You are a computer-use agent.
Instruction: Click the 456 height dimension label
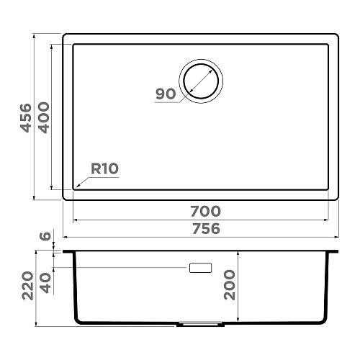tap(26, 118)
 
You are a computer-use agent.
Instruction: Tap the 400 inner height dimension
tap(44, 117)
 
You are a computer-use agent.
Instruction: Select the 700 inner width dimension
tap(205, 211)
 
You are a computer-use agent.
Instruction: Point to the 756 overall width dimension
tap(206, 228)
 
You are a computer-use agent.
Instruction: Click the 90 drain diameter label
tap(166, 94)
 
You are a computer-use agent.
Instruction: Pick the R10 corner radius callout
tap(104, 168)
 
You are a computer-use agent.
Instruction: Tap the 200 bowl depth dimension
tap(230, 285)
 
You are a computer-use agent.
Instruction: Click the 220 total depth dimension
tap(27, 286)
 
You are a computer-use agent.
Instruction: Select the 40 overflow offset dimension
tap(45, 284)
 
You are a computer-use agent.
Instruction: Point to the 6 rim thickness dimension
tap(45, 236)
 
